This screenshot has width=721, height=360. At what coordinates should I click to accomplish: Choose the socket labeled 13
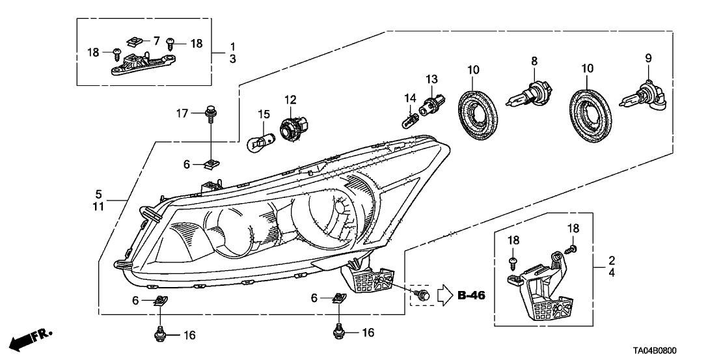point(432,104)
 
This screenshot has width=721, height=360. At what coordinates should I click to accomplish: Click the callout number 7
point(156,41)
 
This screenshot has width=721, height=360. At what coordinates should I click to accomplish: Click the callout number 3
point(232,59)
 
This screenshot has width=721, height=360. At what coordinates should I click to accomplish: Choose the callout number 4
point(612,273)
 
